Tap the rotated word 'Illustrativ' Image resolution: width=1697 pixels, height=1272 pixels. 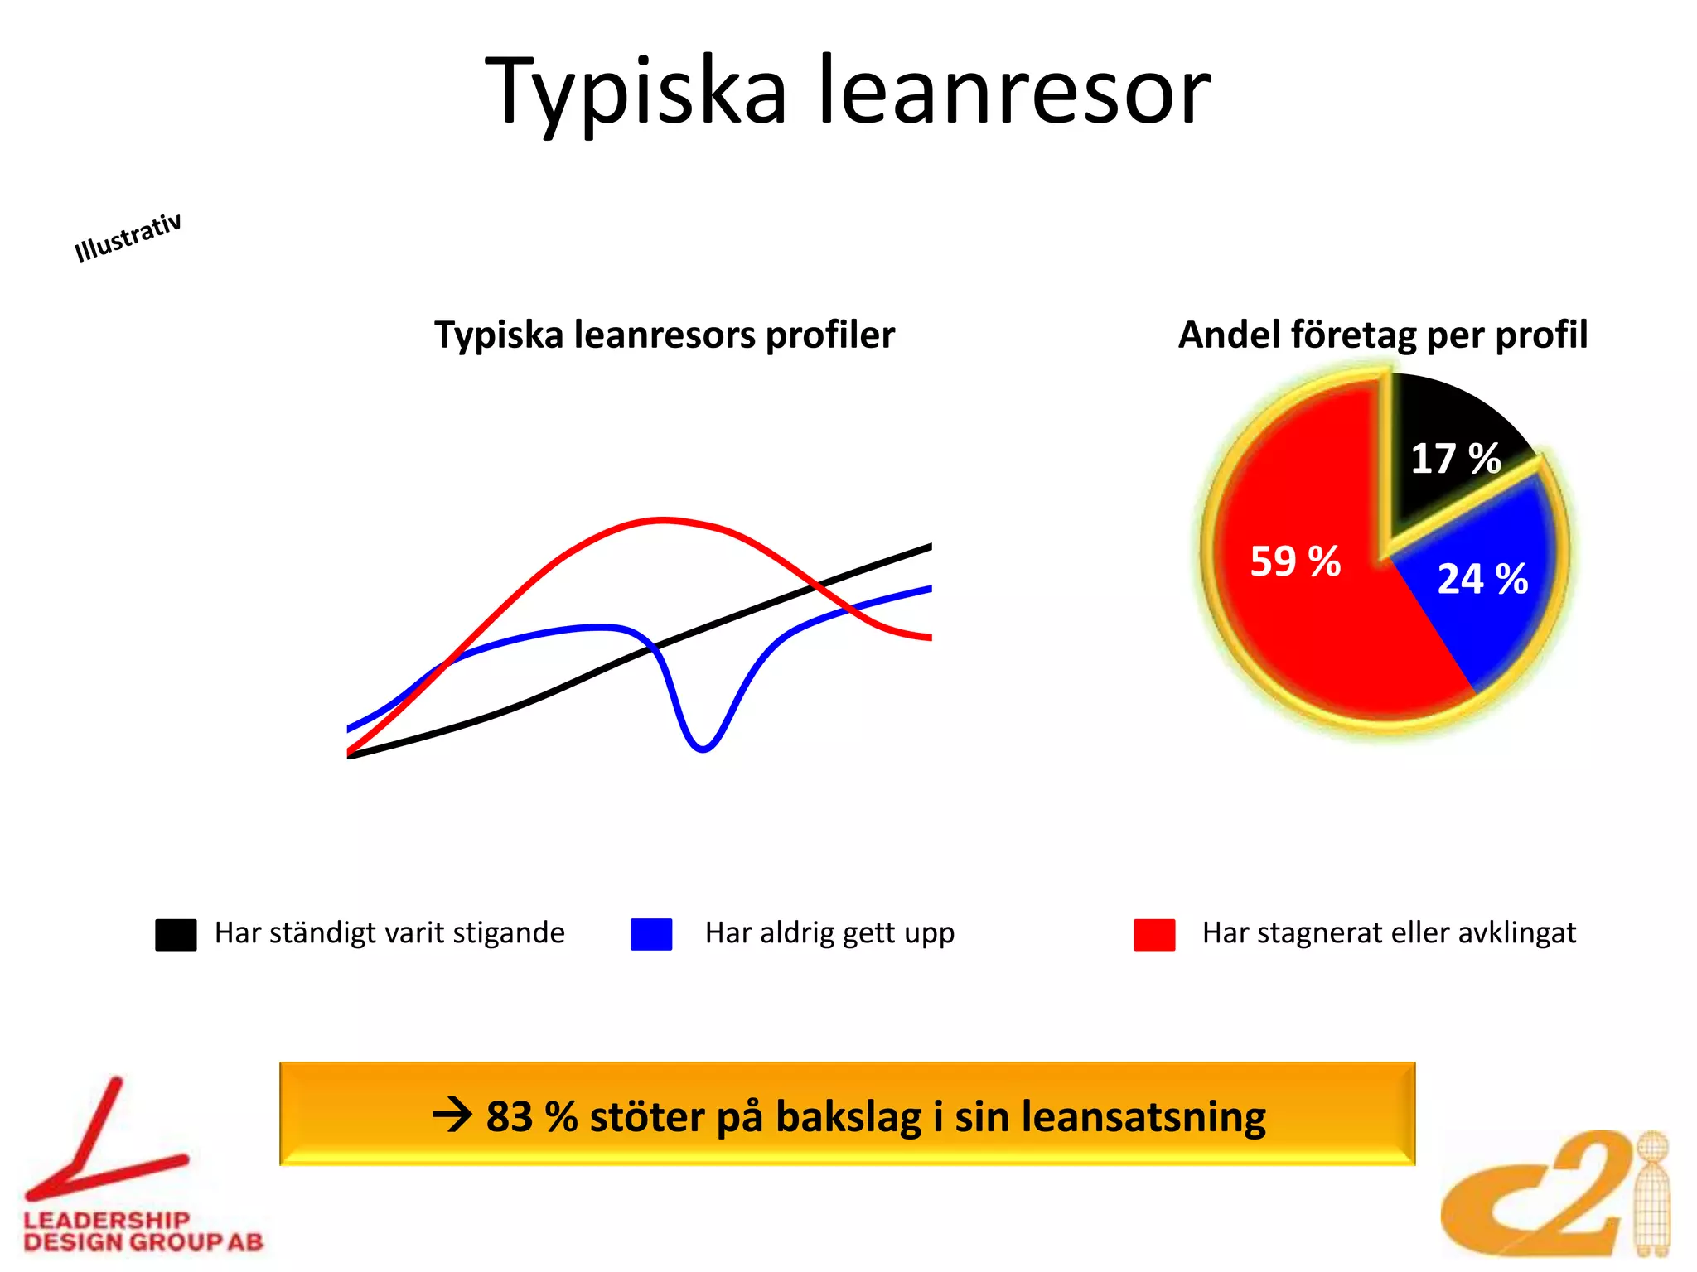(128, 237)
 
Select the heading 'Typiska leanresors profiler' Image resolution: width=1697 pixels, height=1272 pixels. (665, 335)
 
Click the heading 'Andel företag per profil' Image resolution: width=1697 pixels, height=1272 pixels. (1383, 335)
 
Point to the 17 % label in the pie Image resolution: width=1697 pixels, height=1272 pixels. (1455, 459)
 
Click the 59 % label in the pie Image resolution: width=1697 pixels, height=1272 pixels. (1295, 561)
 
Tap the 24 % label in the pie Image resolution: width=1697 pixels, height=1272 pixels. (1482, 579)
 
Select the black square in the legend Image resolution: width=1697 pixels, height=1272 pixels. (176, 934)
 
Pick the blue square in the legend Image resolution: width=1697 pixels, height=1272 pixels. (651, 934)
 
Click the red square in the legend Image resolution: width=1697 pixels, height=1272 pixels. (1154, 934)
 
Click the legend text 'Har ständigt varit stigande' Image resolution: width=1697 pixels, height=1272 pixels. (389, 933)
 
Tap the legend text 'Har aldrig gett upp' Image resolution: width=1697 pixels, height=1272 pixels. (829, 933)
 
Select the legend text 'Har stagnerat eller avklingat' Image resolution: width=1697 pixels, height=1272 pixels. (1389, 933)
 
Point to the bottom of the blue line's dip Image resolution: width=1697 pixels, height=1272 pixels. (703, 749)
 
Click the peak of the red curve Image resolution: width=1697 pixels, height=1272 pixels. (663, 520)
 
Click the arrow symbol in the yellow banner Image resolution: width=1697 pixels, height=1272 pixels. (452, 1115)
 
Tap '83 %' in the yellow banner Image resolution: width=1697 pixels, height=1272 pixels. (531, 1116)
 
